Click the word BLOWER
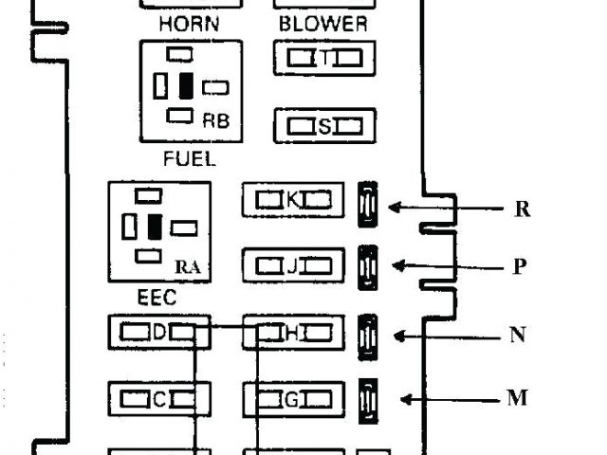323,24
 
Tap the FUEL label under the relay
190,159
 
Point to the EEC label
156,298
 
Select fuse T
324,59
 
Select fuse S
324,125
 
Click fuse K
293,200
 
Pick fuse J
293,266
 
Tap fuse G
293,399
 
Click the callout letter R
522,209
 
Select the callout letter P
520,266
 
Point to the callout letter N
518,335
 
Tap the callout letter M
517,398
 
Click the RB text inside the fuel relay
216,121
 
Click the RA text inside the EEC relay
189,267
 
